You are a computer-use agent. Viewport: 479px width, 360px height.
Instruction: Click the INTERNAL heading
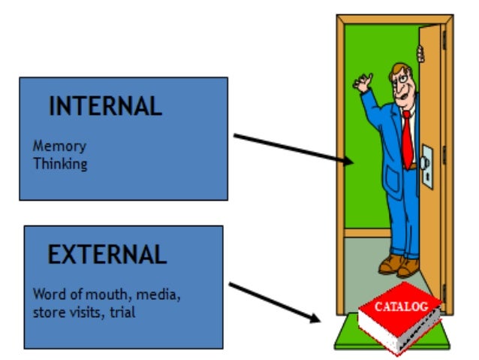[x=105, y=106]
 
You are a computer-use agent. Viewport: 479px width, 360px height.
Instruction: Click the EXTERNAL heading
[x=107, y=255]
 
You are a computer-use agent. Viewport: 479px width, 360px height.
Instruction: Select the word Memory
[x=59, y=147]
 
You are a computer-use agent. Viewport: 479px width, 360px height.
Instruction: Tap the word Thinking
[x=60, y=163]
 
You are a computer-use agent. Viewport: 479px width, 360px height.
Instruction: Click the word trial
[x=122, y=310]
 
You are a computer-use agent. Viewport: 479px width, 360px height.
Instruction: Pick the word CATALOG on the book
[x=401, y=307]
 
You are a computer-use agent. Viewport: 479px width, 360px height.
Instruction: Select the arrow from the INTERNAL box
[x=293, y=149]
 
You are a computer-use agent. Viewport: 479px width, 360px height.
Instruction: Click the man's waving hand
[x=364, y=80]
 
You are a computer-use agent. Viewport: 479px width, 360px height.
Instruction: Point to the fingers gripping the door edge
[x=420, y=54]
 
